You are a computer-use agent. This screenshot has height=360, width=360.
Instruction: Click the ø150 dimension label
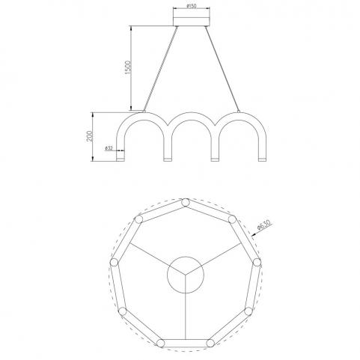192,6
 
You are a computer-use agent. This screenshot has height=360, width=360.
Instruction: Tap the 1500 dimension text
127,67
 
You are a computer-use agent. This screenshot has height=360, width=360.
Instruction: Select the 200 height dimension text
89,136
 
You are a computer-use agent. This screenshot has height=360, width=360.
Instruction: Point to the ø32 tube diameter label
109,148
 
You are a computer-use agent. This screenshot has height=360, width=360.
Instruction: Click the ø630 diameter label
264,225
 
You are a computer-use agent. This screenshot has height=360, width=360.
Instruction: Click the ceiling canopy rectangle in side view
192,21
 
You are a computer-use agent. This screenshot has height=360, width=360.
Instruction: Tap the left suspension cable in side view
160,69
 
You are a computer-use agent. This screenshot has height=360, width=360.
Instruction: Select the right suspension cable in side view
222,69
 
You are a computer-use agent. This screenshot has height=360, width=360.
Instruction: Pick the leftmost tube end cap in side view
120,159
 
